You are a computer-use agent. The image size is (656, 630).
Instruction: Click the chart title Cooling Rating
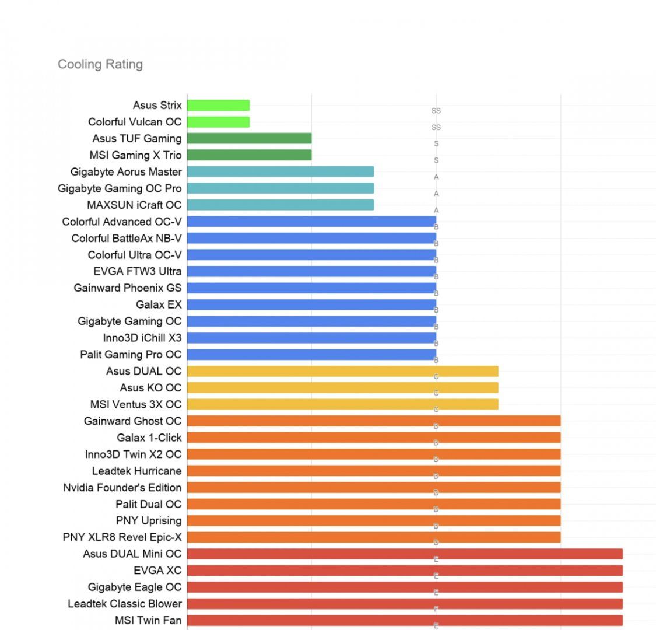point(100,64)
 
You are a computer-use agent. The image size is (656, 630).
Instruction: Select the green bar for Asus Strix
point(218,106)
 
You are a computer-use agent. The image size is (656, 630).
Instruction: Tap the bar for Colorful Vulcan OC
point(218,122)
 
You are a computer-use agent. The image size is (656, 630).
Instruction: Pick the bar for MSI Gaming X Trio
point(249,155)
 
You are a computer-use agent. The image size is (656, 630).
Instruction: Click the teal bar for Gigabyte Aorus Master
point(280,171)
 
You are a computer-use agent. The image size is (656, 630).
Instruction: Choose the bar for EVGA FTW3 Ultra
point(311,271)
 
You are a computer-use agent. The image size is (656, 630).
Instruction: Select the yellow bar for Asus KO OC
point(342,387)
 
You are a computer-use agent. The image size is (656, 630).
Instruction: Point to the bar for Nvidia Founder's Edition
point(373,487)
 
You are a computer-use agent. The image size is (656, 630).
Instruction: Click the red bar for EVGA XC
point(405,570)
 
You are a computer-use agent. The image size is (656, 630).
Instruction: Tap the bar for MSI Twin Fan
point(405,620)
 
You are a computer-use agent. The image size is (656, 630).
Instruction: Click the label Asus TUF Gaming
point(137,139)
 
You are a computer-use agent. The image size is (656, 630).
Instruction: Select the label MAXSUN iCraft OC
point(134,205)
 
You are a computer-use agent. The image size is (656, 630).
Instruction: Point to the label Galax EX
point(159,304)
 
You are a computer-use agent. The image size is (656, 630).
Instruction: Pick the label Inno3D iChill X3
point(142,338)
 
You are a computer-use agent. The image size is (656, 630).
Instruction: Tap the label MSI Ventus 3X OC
point(136,404)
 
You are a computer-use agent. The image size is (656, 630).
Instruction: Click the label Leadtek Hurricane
point(137,471)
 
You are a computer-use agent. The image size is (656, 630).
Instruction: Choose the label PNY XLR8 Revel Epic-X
point(122,537)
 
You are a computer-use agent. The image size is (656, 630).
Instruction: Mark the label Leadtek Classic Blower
point(125,604)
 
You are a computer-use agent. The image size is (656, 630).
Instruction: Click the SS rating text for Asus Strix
point(436,111)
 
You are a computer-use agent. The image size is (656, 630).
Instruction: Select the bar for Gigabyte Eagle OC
point(405,587)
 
